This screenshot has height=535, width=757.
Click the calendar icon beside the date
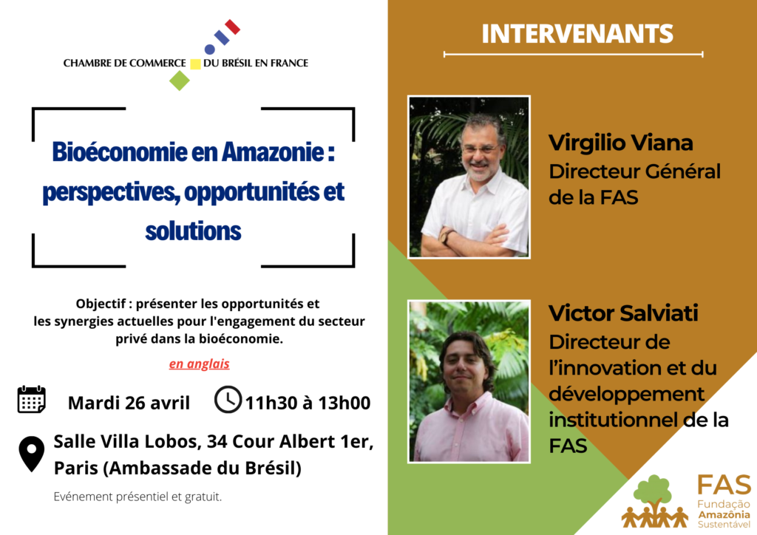tap(31, 400)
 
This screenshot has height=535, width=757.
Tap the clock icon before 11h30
tap(228, 400)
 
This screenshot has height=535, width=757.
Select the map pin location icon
tap(31, 454)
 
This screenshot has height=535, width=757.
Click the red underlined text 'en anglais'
tap(199, 364)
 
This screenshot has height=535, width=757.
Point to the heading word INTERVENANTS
tap(577, 33)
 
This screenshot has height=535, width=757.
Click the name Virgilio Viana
tap(621, 143)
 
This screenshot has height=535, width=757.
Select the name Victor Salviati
tap(623, 313)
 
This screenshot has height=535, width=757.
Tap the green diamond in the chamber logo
tap(180, 80)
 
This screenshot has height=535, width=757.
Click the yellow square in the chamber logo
tap(195, 64)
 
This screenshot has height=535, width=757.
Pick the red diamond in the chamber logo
tap(232, 27)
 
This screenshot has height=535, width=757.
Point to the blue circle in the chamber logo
tap(209, 49)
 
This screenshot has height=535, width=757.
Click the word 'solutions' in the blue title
tap(193, 231)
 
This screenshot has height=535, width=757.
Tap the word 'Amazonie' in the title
tap(273, 152)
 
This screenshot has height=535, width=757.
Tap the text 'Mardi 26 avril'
tap(129, 403)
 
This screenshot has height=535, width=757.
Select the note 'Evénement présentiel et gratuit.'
tap(138, 497)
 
